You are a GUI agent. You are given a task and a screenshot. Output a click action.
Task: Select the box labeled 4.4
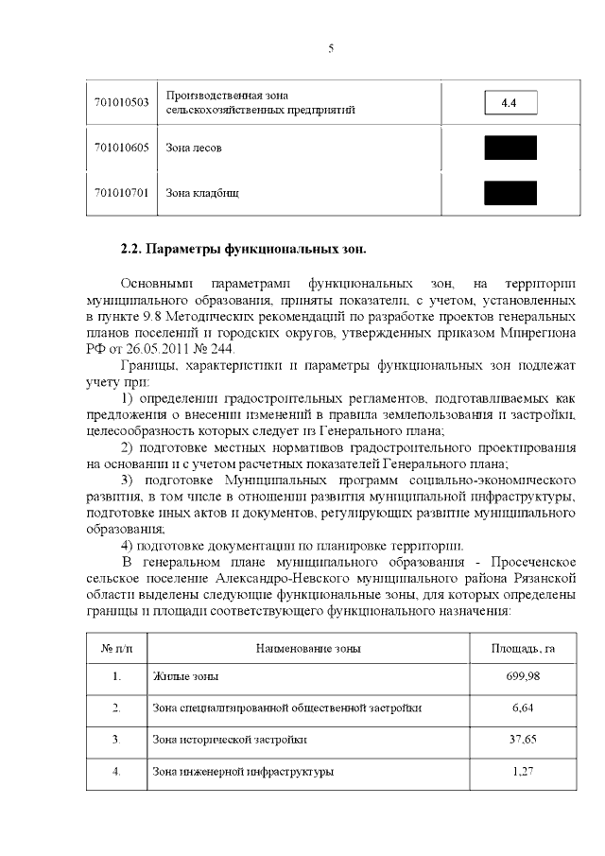click(x=510, y=102)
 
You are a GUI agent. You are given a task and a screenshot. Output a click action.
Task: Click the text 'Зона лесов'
click(x=195, y=148)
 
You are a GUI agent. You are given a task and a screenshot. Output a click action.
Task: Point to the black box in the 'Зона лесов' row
click(x=510, y=148)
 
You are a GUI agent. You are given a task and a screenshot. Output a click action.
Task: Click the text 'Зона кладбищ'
click(x=202, y=193)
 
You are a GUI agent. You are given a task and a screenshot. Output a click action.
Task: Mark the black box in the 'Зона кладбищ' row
click(x=510, y=193)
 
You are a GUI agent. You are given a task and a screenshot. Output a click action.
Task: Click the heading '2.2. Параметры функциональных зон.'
click(x=243, y=250)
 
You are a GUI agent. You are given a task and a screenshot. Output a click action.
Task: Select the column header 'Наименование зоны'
click(x=308, y=648)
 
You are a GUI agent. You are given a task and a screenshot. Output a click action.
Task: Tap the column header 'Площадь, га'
click(x=523, y=648)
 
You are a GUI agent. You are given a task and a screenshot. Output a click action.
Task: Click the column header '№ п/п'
click(x=116, y=648)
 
